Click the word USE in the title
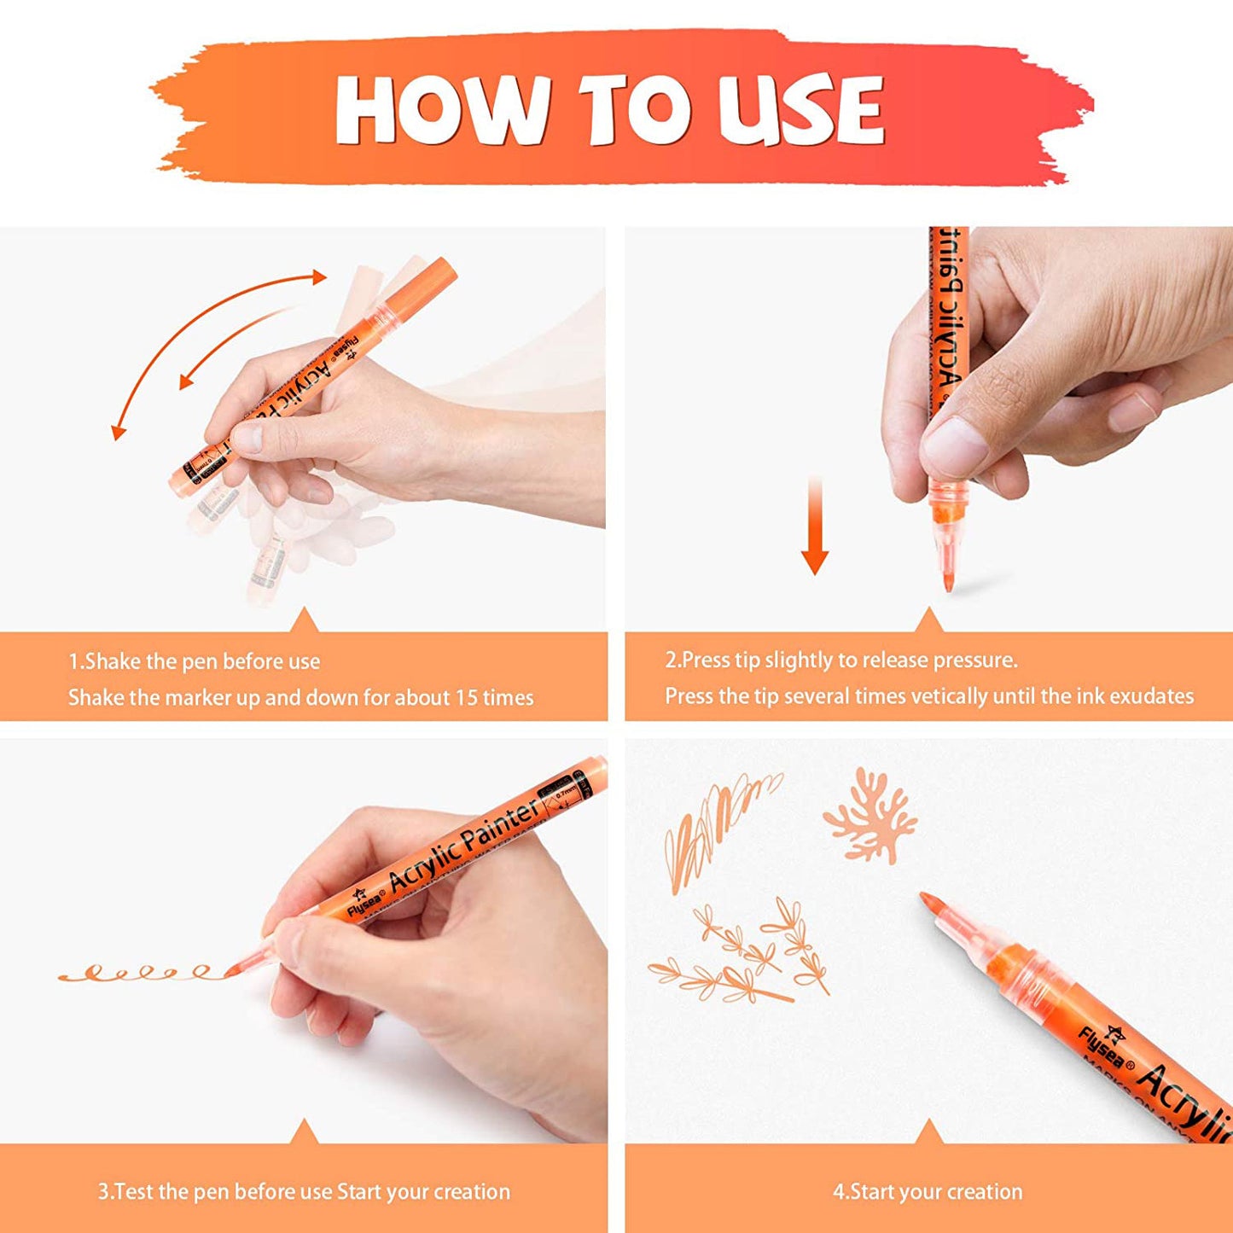point(800,110)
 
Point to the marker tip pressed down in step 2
point(948,580)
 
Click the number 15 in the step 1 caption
point(466,698)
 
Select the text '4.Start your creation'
point(928,1191)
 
